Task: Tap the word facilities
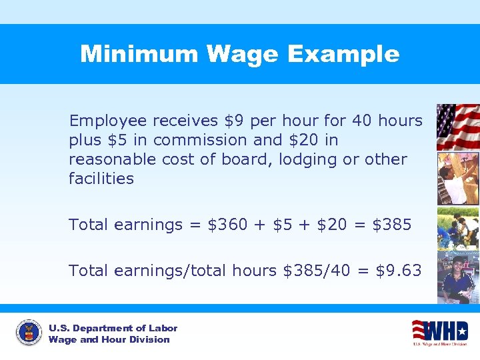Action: (x=101, y=179)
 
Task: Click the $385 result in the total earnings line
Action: (x=392, y=225)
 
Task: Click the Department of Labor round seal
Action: (x=29, y=333)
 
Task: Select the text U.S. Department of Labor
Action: (x=113, y=328)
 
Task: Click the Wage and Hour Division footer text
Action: (x=109, y=339)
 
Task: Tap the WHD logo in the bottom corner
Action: (x=440, y=331)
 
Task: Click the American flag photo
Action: (x=457, y=127)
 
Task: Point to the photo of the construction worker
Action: (x=457, y=178)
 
